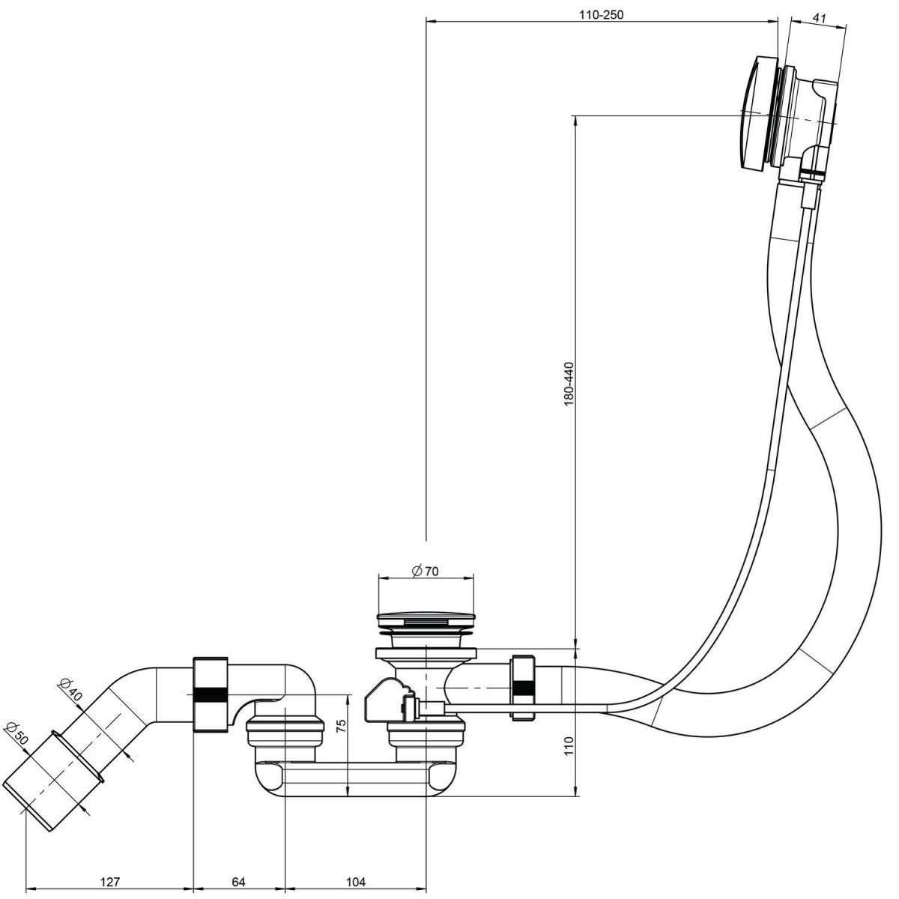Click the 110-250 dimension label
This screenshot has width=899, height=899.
point(602,14)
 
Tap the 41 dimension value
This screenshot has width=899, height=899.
point(819,16)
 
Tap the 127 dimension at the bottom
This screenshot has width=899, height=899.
point(110,882)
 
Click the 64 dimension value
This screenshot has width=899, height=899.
point(238,882)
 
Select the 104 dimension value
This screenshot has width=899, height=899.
point(357,882)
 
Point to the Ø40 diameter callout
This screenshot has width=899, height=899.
point(70,689)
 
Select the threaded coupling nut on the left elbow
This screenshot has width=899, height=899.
point(211,694)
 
